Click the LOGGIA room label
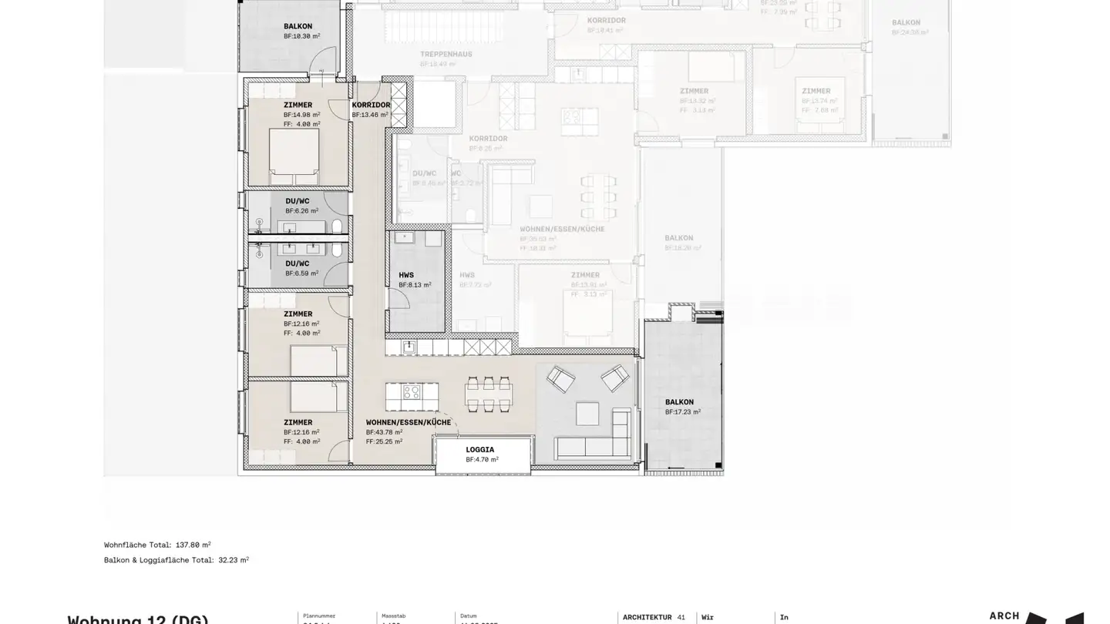pos(479,450)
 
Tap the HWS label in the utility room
pos(406,275)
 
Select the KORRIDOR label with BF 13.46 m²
pos(371,106)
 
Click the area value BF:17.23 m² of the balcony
pos(682,412)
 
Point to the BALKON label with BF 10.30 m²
pos(298,26)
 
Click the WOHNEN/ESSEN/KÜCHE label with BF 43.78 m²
pos(408,423)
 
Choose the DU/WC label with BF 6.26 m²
pos(298,201)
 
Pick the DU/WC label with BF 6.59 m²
pos(298,263)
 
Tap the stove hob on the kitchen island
pos(412,391)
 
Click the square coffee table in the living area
pos(587,414)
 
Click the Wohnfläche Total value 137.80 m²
pos(193,545)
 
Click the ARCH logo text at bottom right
pos(1004,616)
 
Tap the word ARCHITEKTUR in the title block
pos(647,617)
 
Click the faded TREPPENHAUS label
pos(446,55)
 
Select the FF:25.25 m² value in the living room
pos(384,442)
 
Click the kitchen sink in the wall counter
pos(409,347)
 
